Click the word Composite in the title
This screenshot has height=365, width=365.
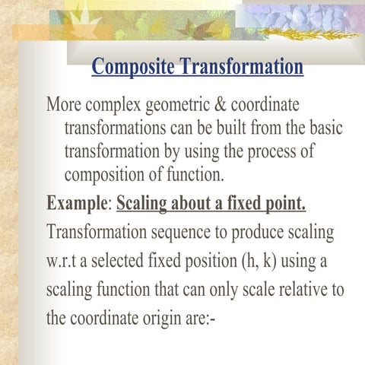point(133,67)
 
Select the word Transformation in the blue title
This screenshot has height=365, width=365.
point(242,66)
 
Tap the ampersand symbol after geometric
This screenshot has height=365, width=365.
point(221,104)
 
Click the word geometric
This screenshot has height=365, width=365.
point(178,106)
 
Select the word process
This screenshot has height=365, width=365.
point(271,152)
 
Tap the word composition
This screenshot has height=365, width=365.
point(104,176)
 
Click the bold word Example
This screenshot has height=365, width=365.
point(78,204)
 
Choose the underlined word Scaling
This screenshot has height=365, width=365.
point(141,205)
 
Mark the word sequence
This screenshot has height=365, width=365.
point(181,233)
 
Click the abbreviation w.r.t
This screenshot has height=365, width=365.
point(61,261)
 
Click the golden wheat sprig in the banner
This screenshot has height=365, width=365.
point(309,34)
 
